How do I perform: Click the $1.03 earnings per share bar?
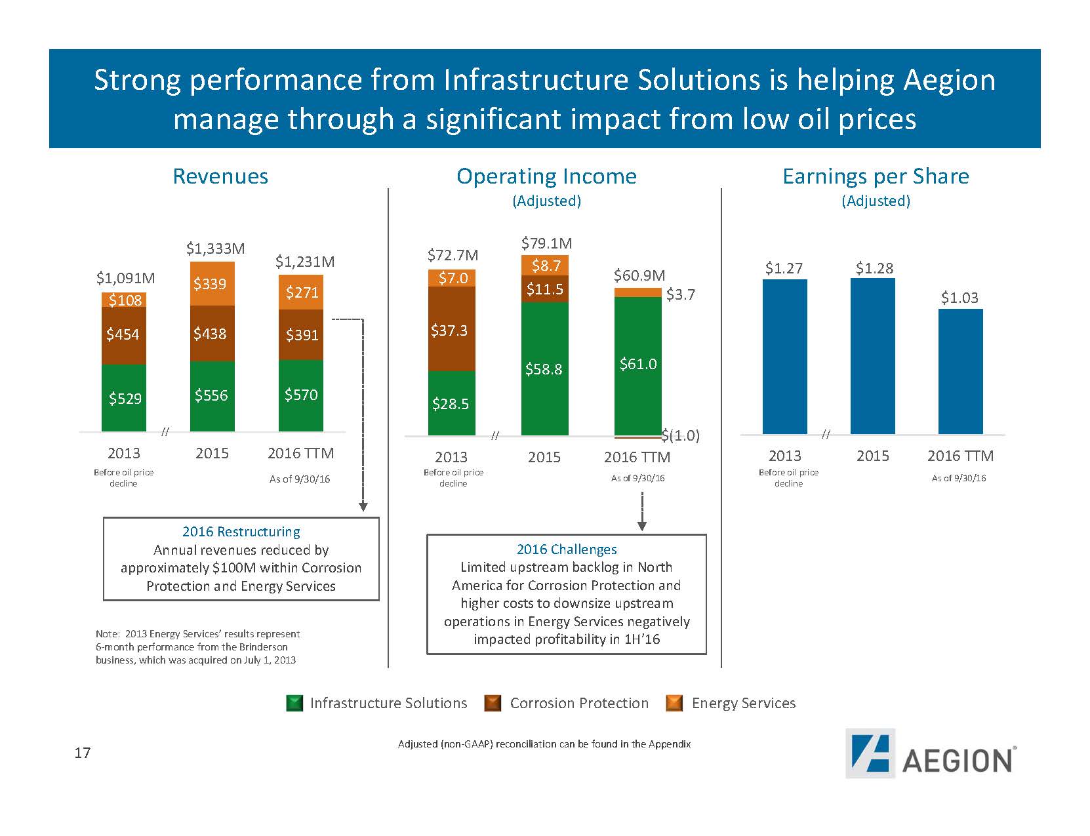click(x=960, y=370)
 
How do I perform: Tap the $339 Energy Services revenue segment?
click(x=212, y=284)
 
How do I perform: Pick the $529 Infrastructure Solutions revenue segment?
click(x=124, y=398)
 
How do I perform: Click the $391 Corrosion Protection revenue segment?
click(x=301, y=334)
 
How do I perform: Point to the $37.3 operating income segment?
click(x=451, y=329)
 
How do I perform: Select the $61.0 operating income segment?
click(x=637, y=365)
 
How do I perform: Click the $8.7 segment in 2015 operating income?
click(x=544, y=265)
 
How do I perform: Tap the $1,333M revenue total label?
click(x=215, y=249)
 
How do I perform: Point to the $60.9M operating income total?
click(x=639, y=275)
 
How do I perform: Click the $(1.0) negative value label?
click(x=681, y=435)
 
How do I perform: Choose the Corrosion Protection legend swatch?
click(x=493, y=704)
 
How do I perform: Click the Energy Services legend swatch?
click(x=674, y=704)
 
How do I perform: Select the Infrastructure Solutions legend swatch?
click(x=295, y=704)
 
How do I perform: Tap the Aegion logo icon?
click(x=870, y=753)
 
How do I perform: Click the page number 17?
click(x=82, y=753)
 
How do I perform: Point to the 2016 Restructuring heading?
click(x=241, y=532)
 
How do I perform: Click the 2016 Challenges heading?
click(x=567, y=549)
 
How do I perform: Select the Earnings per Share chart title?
click(x=876, y=176)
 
